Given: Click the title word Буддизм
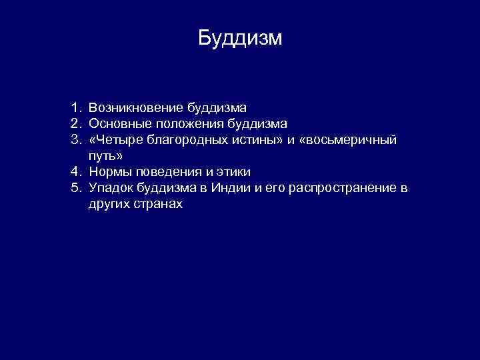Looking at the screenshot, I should click(x=240, y=38).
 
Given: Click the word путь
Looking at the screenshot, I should click(x=103, y=156).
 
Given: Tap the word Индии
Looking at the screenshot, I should click(x=231, y=189).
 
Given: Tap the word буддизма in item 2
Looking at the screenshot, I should click(x=256, y=123).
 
